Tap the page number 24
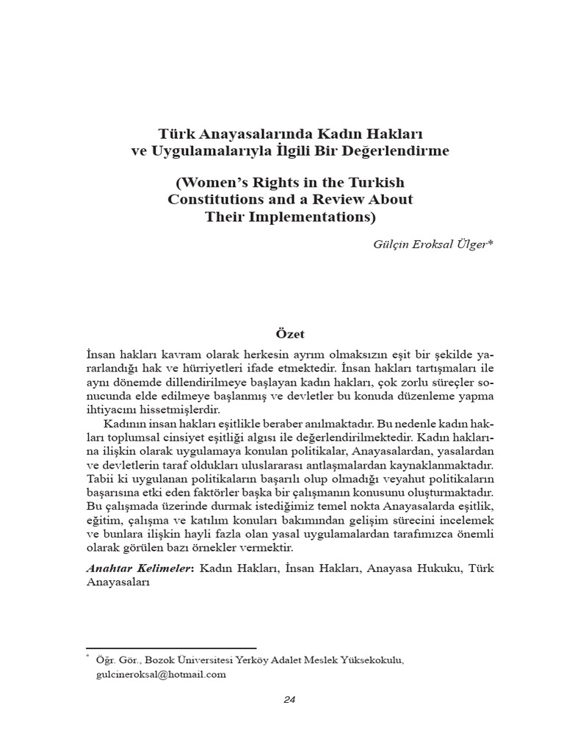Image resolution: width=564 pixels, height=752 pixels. pyautogui.click(x=289, y=699)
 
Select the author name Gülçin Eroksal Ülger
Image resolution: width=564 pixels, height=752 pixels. pyautogui.click(x=433, y=244)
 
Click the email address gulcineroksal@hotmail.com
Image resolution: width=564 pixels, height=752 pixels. pyautogui.click(x=160, y=673)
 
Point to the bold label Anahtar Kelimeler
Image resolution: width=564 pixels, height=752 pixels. pyautogui.click(x=139, y=568)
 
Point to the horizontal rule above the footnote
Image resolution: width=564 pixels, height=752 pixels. pyautogui.click(x=171, y=648)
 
